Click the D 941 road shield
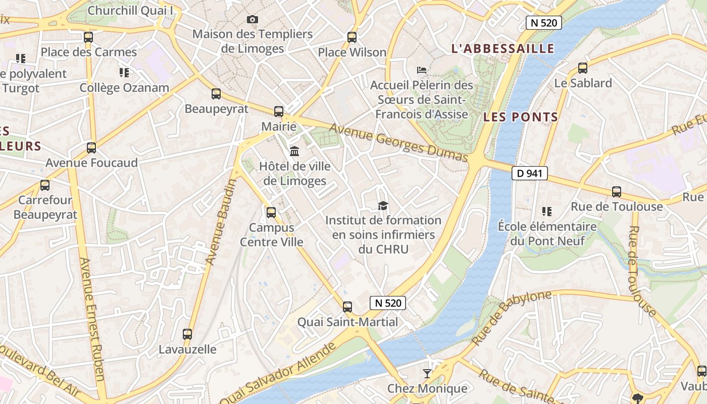pos(529,173)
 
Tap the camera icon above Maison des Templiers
pos(252,19)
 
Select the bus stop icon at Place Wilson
pos(352,37)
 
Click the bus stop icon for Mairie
pos(279,111)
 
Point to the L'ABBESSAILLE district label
pos(502,48)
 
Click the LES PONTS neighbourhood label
pos(521,117)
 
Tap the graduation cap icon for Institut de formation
pos(383,206)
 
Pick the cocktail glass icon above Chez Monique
pos(427,373)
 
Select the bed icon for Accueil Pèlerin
pos(422,70)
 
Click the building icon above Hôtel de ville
pos(294,151)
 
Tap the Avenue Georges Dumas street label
pos(399,143)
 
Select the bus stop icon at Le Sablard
pos(583,68)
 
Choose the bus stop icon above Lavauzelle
pos(187,334)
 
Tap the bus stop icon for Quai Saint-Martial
pos(347,307)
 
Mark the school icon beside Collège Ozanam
pos(124,73)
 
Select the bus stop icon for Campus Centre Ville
pos(271,212)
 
